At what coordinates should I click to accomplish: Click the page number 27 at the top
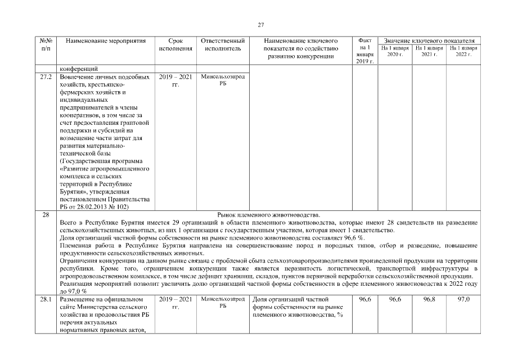(260, 25)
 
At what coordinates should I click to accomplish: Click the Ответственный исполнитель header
(222, 45)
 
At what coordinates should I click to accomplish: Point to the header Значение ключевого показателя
(429, 41)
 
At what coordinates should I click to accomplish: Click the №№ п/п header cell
(47, 45)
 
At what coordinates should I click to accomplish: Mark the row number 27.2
(47, 76)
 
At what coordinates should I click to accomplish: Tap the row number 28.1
(47, 299)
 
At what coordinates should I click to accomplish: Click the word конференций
(82, 69)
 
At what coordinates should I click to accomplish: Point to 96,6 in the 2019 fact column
(364, 299)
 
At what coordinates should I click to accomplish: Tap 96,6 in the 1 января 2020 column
(395, 299)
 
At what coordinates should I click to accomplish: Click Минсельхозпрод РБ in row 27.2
(222, 79)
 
